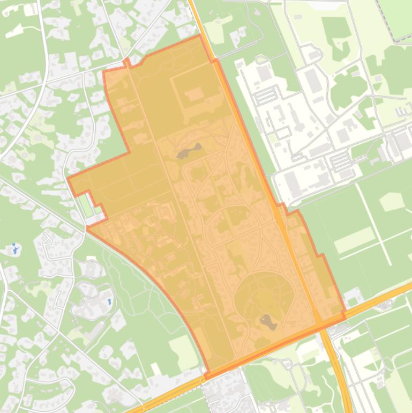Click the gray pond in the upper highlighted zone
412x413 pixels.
click(x=189, y=151)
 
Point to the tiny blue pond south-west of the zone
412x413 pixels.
click(x=109, y=302)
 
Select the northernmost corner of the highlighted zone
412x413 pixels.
click(x=200, y=35)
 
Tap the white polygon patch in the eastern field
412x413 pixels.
click(x=392, y=202)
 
